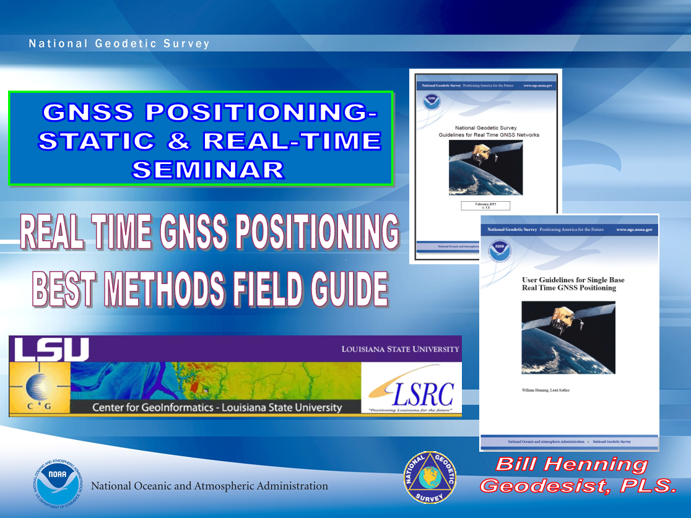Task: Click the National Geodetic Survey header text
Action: click(x=120, y=44)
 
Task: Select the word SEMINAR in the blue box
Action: click(x=208, y=169)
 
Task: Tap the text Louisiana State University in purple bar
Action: click(x=400, y=349)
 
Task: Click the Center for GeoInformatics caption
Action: click(x=217, y=407)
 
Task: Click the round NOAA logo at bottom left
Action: click(x=57, y=485)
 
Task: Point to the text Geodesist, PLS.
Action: click(x=578, y=486)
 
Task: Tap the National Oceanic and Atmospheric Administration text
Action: click(x=209, y=486)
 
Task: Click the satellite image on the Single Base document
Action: click(x=568, y=337)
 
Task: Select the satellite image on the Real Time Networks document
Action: click(x=485, y=168)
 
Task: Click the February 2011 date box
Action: click(x=485, y=205)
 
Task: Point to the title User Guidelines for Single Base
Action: click(x=573, y=283)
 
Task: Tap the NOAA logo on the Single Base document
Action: click(x=500, y=251)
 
